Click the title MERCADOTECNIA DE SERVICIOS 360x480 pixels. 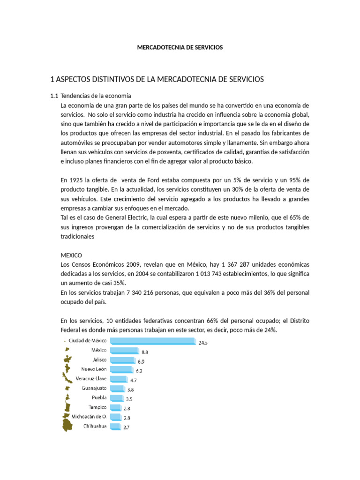point(180,47)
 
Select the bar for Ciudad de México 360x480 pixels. point(152,341)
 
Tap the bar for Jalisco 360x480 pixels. point(122,360)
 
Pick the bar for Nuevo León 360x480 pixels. point(120,369)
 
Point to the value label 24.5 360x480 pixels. point(203,343)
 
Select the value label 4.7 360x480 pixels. point(134,380)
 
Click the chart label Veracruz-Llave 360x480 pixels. point(91,378)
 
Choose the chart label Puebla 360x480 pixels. point(99,397)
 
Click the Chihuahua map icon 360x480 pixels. point(68,426)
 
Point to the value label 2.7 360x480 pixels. point(126,427)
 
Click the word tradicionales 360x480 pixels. point(78,237)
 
